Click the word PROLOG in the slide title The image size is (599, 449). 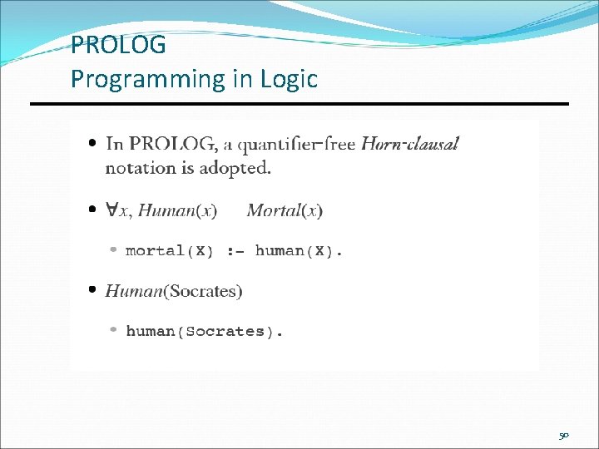click(118, 44)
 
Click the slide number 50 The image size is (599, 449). click(563, 435)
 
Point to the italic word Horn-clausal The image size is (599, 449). click(409, 144)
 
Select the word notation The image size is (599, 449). click(139, 168)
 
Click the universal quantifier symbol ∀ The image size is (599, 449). click(111, 210)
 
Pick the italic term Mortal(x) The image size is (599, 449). click(285, 210)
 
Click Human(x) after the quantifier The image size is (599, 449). click(177, 210)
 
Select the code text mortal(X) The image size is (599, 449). click(169, 250)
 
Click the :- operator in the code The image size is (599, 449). click(235, 250)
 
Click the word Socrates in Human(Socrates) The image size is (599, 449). click(205, 291)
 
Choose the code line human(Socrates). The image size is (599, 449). click(204, 331)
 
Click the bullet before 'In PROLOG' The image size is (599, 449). click(93, 144)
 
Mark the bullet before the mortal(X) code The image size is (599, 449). click(115, 250)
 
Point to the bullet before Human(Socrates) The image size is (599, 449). click(93, 291)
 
